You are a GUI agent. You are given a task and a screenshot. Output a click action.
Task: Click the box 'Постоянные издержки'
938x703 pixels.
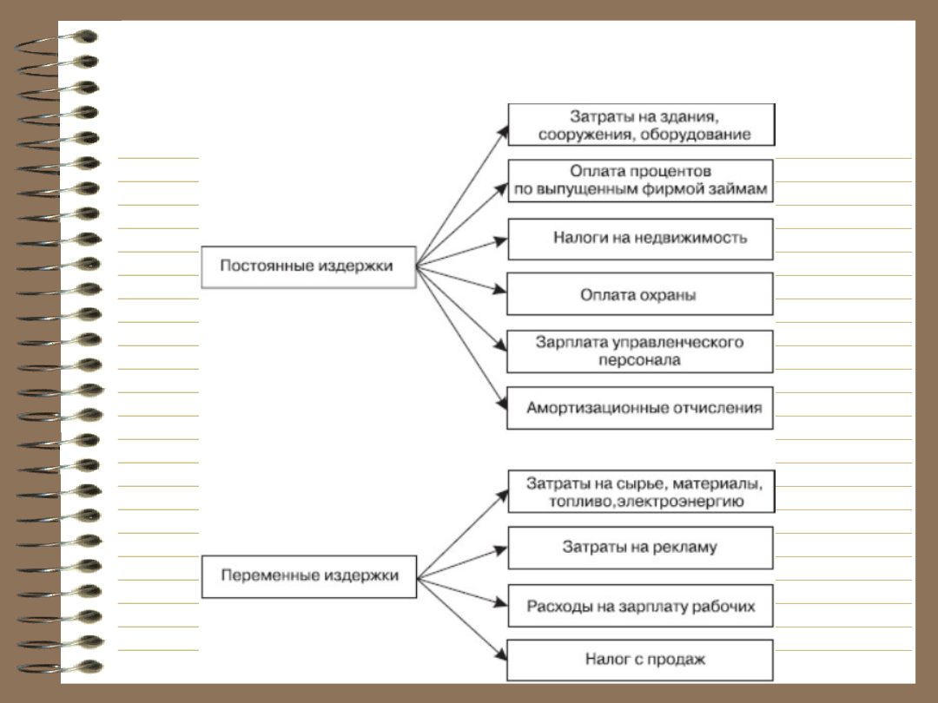(308, 266)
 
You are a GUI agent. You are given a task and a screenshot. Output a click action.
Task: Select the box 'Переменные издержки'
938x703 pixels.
(308, 576)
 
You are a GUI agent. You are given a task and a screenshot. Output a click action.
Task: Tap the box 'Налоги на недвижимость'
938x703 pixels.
(640, 240)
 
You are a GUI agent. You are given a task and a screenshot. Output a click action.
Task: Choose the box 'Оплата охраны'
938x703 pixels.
(639, 294)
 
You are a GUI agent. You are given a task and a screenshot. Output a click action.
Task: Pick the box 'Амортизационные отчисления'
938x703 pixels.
(639, 408)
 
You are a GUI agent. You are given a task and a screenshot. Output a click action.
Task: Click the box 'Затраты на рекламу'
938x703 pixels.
(640, 548)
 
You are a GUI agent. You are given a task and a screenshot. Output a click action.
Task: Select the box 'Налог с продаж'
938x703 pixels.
(639, 660)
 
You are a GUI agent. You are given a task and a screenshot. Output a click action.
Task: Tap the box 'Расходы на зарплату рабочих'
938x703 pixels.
(640, 606)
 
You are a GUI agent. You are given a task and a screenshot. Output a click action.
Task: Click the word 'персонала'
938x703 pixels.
(639, 360)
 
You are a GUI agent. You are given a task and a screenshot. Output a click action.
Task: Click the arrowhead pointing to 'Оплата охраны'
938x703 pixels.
(500, 290)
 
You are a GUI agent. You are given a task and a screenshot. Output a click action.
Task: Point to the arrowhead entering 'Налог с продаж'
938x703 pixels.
(501, 654)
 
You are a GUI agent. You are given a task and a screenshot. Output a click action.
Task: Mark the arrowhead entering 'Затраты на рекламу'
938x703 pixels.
(500, 550)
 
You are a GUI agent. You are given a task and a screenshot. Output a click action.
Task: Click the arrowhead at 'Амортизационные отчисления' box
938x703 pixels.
(501, 404)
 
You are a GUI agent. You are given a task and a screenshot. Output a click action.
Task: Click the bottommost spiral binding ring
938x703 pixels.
(60, 667)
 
